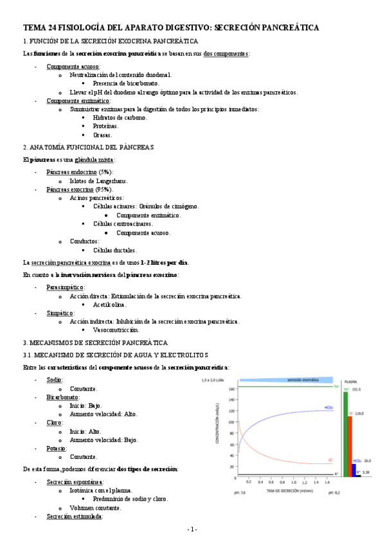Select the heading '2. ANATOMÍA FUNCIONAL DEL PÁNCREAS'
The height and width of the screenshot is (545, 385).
click(x=87, y=147)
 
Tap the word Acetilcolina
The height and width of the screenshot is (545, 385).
click(x=113, y=305)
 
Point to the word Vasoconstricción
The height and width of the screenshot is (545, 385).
click(x=120, y=329)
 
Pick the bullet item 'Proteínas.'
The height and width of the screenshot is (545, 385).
click(x=105, y=127)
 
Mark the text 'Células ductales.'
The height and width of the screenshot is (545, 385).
click(x=115, y=250)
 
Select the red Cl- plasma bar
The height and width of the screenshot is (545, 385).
click(x=350, y=447)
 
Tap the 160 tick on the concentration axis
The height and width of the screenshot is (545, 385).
click(x=232, y=388)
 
